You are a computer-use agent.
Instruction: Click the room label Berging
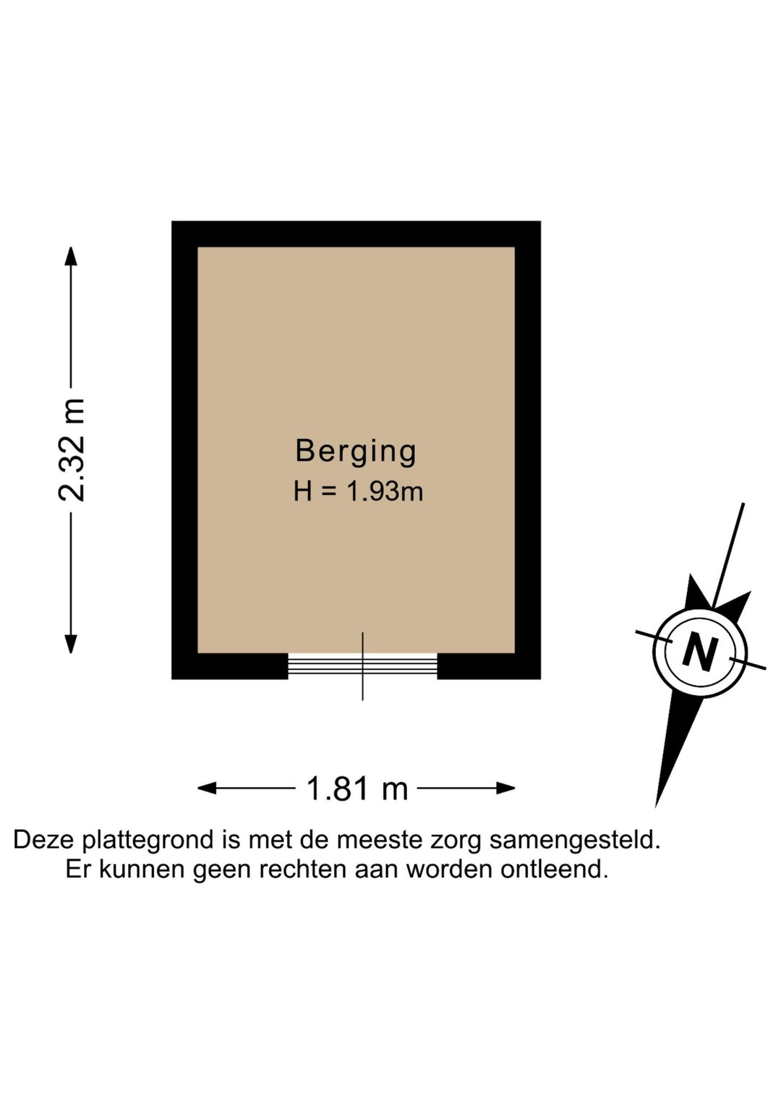point(356,451)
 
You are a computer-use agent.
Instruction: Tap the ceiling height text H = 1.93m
point(358,491)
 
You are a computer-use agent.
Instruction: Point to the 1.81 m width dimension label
point(357,788)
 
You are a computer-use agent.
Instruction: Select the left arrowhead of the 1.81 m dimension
point(208,788)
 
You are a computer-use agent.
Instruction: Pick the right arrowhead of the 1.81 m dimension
point(505,788)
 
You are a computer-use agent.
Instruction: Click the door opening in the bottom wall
point(363,666)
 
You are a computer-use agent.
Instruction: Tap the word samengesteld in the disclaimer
point(574,841)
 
